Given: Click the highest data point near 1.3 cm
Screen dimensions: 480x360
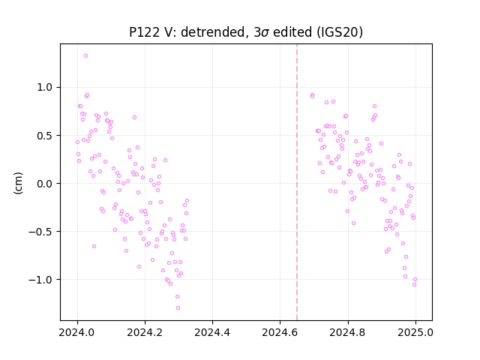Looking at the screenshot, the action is click(85, 56).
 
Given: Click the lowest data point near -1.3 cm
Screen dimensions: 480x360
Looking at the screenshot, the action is click(178, 308).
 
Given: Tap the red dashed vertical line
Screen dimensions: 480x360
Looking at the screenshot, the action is click(297, 182).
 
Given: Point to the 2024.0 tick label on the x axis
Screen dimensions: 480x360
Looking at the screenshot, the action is click(77, 332).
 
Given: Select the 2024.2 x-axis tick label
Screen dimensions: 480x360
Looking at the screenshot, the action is click(145, 332).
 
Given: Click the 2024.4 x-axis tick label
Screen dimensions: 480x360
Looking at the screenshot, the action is click(212, 332).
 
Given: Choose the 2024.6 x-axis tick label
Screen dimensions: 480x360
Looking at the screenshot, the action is click(280, 332).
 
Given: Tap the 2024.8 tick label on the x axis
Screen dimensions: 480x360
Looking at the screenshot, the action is click(348, 332).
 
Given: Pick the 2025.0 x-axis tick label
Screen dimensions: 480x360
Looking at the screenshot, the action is click(415, 332).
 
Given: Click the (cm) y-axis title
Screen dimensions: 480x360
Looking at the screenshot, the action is click(18, 183).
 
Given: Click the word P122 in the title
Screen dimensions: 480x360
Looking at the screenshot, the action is click(144, 32).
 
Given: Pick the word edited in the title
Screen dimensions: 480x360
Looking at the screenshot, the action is click(292, 32).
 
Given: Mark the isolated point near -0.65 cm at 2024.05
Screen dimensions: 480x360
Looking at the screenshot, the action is click(94, 247).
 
